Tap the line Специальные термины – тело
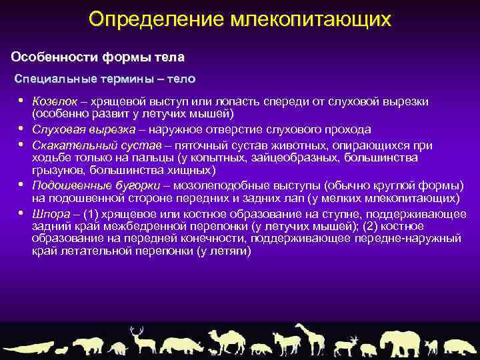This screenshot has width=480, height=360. coord(105,79)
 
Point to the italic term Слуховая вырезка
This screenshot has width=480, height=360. coord(73,129)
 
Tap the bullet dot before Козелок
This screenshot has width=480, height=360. coord(21,101)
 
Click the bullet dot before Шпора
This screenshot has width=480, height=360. coord(21,213)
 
